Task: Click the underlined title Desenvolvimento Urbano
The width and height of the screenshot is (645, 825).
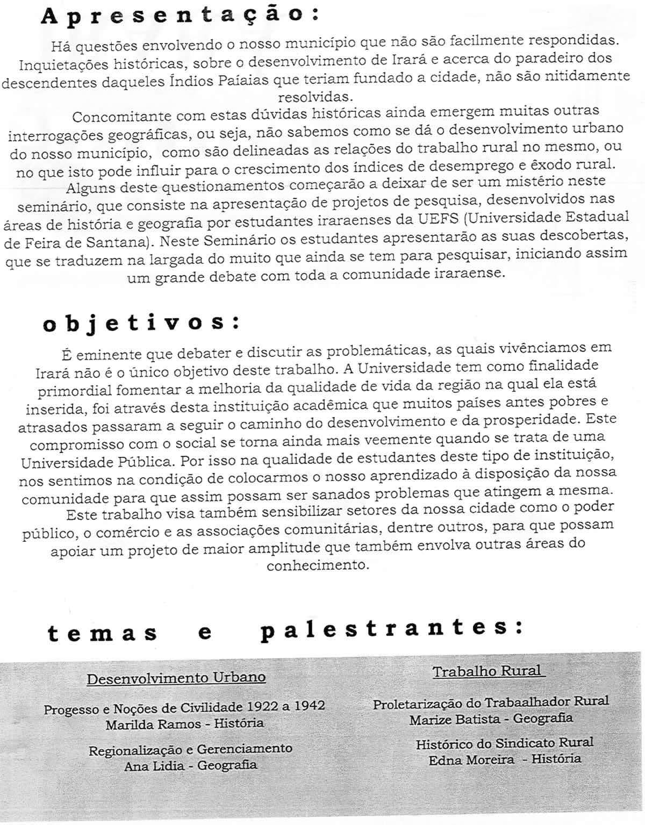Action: pos(176,678)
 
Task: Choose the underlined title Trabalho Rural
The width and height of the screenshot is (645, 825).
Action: pos(488,671)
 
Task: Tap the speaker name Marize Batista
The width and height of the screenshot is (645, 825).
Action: pos(457,719)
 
